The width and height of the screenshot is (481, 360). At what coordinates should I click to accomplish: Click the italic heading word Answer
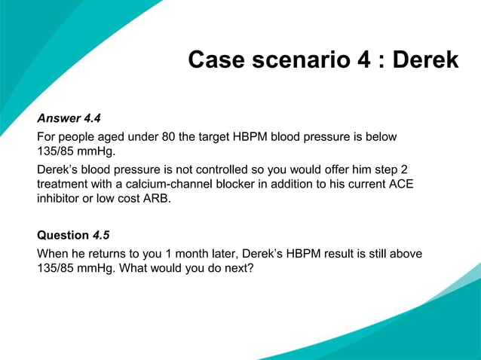pos(58,118)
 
